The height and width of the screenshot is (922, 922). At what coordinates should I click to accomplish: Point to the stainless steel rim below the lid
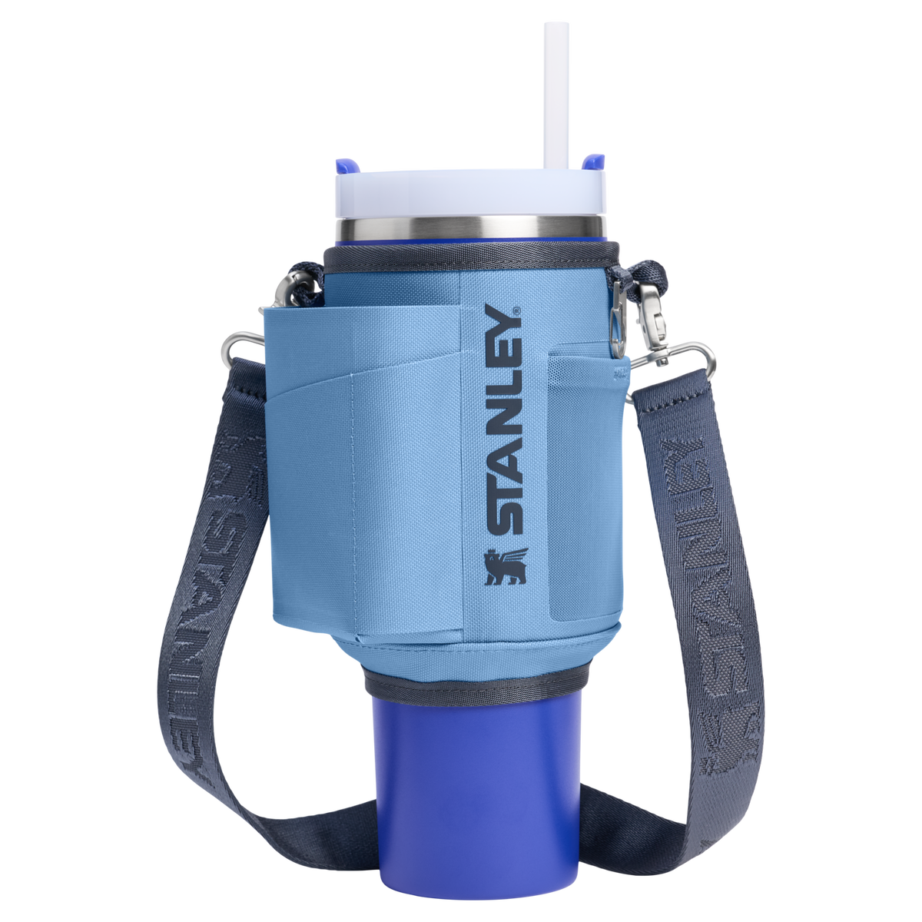coord(471,230)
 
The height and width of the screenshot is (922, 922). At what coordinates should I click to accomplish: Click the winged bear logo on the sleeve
coord(506,566)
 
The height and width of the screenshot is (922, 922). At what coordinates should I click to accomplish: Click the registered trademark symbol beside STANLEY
coord(517,310)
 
